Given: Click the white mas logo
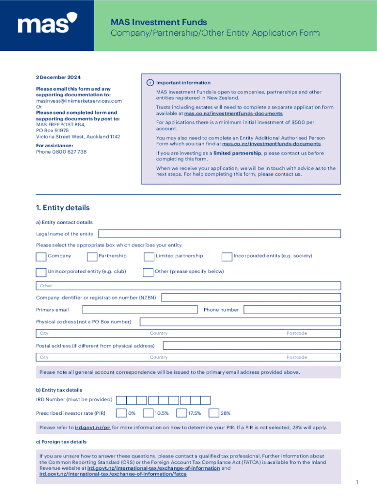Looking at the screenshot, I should pos(47,25).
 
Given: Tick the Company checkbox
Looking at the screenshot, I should pos(41,256).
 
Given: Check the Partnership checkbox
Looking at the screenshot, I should pos(92,256).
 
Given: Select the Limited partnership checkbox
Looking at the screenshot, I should pos(149,256).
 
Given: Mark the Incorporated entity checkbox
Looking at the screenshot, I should pos(227,256).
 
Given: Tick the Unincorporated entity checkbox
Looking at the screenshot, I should pos(41,272).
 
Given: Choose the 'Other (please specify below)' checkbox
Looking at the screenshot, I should pos(148,272).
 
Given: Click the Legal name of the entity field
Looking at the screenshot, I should pos(219,234).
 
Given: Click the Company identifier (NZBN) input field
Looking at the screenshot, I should pos(251,297).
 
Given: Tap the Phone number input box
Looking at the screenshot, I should pos(292,310).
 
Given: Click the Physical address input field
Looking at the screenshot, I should pos(240,321).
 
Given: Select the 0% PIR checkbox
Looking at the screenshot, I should pos(121,413).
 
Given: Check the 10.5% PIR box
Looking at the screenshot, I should pos(148,413).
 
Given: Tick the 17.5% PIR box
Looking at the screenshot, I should pos(181,413).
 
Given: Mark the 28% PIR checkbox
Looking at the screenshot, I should pos(213,413).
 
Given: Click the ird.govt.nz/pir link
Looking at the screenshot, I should pos(93,428).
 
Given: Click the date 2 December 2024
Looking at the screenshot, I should pos(58,77).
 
